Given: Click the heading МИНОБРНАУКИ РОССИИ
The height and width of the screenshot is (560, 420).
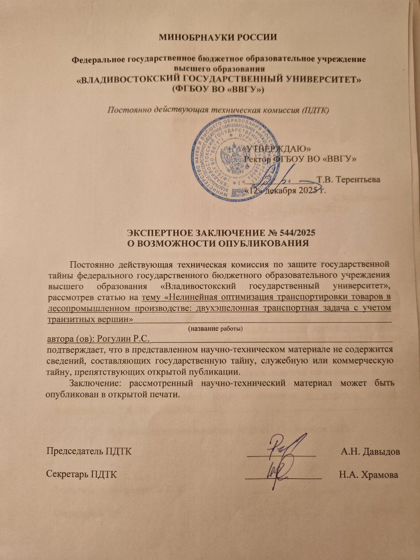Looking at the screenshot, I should point(217,37).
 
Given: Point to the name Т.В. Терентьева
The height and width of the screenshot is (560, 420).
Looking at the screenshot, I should point(348,179).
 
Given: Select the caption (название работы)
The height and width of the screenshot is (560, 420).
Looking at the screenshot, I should point(215,328).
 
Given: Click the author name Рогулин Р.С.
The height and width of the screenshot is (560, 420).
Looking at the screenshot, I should point(123,338).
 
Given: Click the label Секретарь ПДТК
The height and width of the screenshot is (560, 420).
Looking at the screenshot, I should point(82,475).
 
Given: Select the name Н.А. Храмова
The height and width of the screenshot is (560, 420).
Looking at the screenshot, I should point(368,475).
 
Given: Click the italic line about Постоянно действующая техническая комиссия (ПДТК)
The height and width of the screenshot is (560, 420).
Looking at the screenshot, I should point(218,109).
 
